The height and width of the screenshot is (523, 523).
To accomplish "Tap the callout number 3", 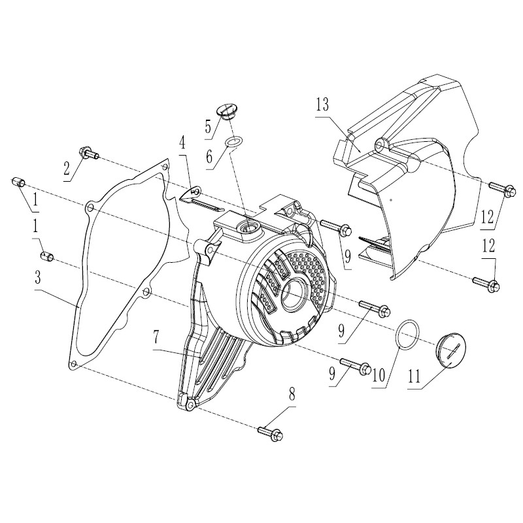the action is (38, 277).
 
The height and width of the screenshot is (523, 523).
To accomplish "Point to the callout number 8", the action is (292, 395).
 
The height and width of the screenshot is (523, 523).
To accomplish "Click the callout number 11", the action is (414, 377).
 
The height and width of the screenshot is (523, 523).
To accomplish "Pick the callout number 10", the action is (379, 375).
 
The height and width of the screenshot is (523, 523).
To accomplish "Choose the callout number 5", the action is (208, 126).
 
